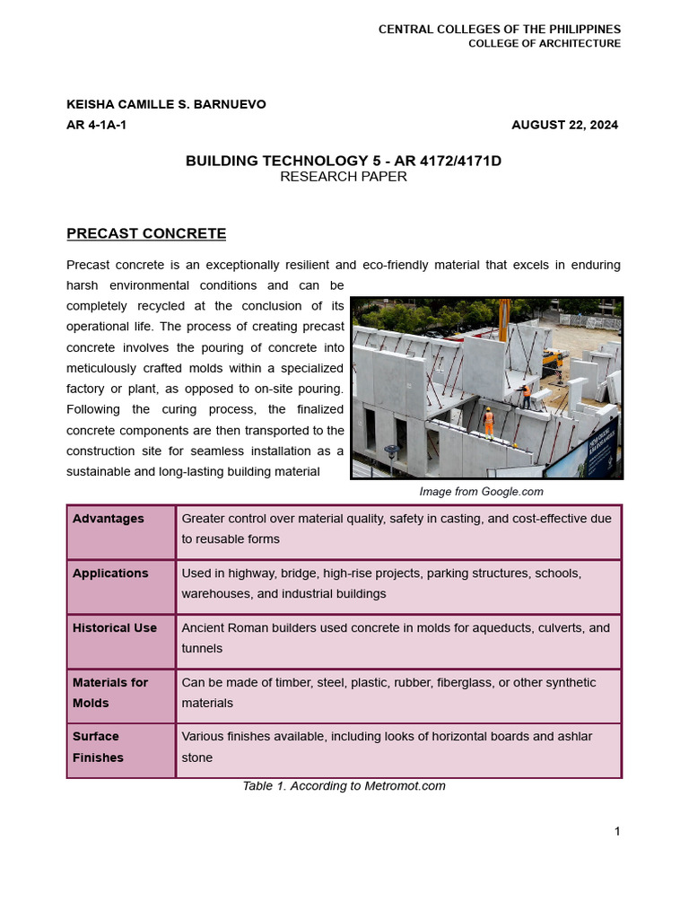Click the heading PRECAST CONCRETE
pyautogui.click(x=146, y=233)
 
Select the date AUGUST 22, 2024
pyautogui.click(x=564, y=125)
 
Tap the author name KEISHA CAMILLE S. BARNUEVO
pyautogui.click(x=166, y=104)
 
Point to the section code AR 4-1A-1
pyautogui.click(x=96, y=125)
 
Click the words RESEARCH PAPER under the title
pyautogui.click(x=343, y=177)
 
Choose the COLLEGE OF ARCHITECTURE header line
pyautogui.click(x=544, y=44)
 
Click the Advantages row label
pyautogui.click(x=108, y=519)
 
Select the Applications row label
pyautogui.click(x=110, y=573)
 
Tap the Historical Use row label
pyautogui.click(x=114, y=628)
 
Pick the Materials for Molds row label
pyautogui.click(x=109, y=693)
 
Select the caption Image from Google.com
pyautogui.click(x=481, y=491)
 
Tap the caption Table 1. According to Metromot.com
pyautogui.click(x=344, y=786)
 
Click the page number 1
pyautogui.click(x=617, y=831)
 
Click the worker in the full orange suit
pyautogui.click(x=489, y=420)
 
